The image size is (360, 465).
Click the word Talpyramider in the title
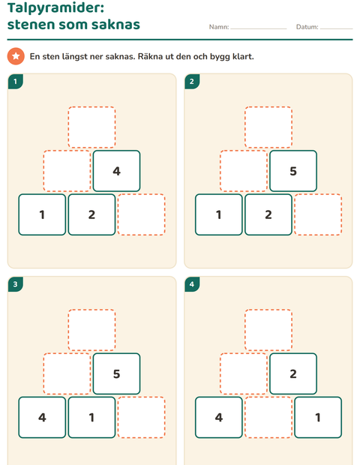tap(55, 8)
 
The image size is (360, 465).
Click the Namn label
tap(219, 27)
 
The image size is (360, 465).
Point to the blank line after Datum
tap(336, 28)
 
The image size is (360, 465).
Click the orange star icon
tap(16, 56)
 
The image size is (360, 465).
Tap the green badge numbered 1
tap(16, 81)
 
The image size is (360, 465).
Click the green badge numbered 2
tap(192, 81)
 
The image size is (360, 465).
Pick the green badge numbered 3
tap(16, 284)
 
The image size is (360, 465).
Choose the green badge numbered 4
tap(192, 284)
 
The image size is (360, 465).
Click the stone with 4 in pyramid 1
tap(116, 171)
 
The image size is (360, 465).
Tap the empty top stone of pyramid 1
tap(91, 127)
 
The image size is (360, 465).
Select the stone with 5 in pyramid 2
tap(293, 171)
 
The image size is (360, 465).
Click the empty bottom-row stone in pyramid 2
tap(318, 214)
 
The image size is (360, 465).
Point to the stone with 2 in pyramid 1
tap(91, 214)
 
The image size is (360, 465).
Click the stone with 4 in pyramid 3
tap(42, 417)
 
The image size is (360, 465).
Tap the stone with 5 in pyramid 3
tap(116, 373)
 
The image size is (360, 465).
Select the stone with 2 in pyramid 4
tap(293, 373)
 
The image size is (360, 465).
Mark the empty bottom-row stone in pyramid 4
tap(268, 417)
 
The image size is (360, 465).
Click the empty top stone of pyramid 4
tap(268, 330)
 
